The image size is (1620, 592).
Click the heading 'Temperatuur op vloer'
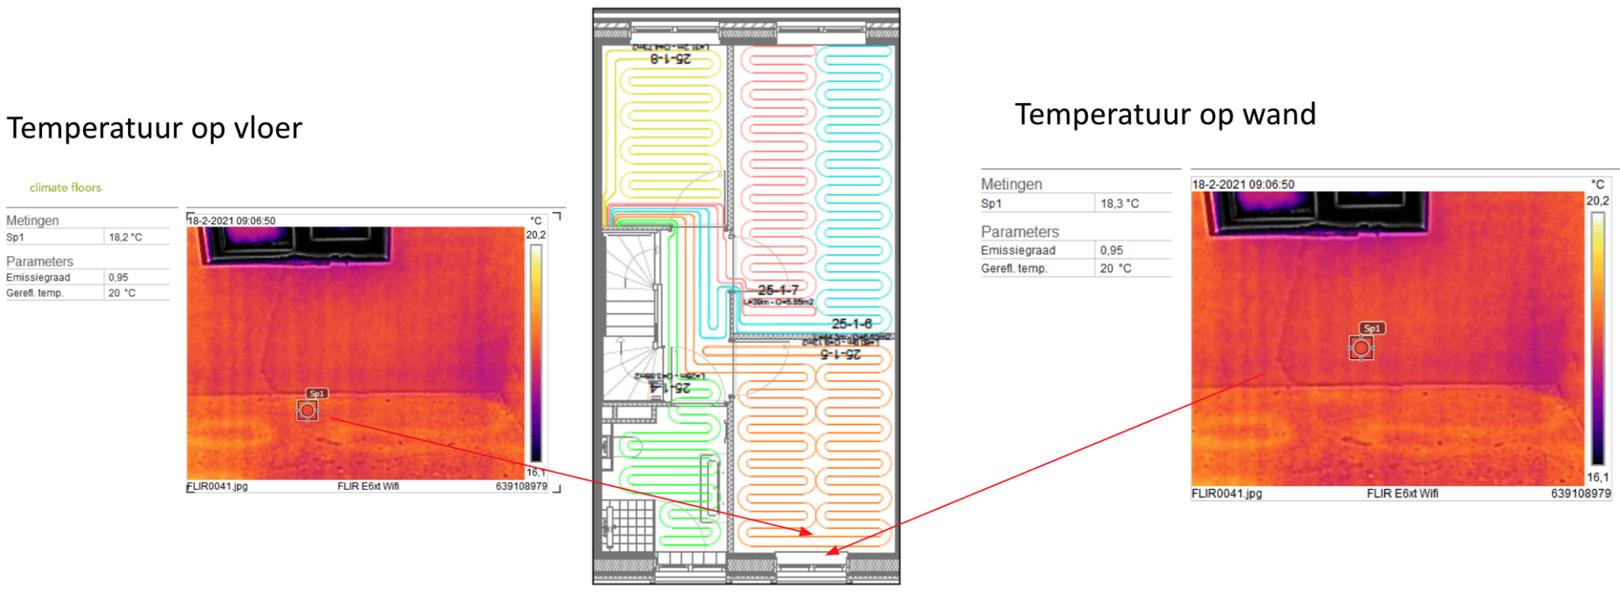click(154, 128)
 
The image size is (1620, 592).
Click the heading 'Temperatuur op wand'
click(1165, 115)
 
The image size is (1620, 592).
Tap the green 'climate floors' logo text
click(66, 188)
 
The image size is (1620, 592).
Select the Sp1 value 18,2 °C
click(125, 237)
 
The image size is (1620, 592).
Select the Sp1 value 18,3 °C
click(1119, 203)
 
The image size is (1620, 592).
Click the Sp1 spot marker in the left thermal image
click(308, 410)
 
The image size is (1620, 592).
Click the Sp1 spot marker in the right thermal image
click(1361, 347)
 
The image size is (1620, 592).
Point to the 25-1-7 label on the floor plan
click(778, 290)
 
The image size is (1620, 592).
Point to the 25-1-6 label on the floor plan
click(851, 324)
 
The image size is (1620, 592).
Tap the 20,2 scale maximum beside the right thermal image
click(1597, 201)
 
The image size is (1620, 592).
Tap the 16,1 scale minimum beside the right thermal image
click(1597, 477)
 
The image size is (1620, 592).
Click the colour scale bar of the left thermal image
click(536, 352)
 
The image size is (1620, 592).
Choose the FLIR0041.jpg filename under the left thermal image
click(218, 486)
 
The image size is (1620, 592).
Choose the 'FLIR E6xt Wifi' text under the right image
click(1402, 493)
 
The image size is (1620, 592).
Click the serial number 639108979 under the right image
click(1580, 493)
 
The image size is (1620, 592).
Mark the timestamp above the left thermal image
click(232, 221)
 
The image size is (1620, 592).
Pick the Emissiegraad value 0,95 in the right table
click(1111, 250)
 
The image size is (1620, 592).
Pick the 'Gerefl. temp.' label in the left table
click(35, 293)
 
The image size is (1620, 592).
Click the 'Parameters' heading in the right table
click(1019, 232)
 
